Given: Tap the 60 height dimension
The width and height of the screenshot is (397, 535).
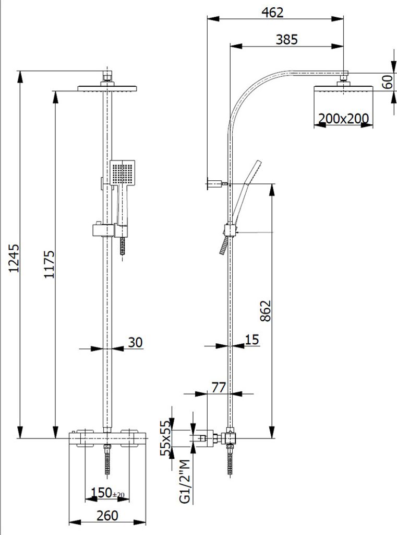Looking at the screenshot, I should tap(387, 82).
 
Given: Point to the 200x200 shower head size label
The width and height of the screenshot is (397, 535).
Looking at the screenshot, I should tap(343, 119).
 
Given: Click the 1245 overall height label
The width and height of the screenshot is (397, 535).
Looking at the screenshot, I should tap(15, 258).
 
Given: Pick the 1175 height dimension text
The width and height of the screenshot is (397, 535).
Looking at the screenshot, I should tap(49, 264).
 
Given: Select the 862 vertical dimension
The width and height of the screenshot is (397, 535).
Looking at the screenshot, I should tap(266, 310).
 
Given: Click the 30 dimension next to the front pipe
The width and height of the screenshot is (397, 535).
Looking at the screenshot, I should tap(135, 342).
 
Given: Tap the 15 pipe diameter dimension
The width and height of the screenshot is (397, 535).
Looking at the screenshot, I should tap(252, 340).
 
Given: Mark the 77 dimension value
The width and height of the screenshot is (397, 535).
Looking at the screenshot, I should tap(218, 387).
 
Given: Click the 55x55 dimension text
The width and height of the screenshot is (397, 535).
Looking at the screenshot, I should tap(165, 438).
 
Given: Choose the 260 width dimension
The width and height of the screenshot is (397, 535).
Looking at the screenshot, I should tap(107, 516).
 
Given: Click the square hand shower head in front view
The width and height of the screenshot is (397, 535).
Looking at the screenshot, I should tap(123, 172).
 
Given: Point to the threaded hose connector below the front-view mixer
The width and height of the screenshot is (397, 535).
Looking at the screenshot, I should tap(108, 460).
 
